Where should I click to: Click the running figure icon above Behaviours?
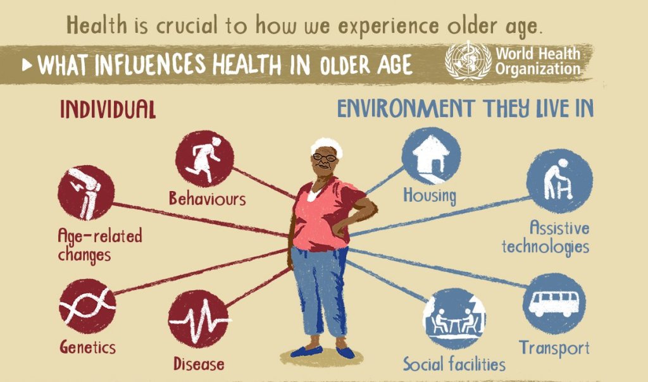[204, 159]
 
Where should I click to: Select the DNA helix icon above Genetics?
[87, 306]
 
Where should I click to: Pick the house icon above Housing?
[431, 156]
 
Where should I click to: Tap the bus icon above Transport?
[554, 304]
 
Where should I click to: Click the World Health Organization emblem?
[468, 60]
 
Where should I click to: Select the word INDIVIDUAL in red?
[108, 109]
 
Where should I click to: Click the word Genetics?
[87, 347]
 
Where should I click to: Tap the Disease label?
[199, 364]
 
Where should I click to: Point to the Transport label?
[554, 348]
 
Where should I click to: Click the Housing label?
[430, 195]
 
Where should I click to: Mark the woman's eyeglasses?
[325, 157]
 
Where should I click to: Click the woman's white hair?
[327, 145]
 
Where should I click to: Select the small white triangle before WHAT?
[27, 65]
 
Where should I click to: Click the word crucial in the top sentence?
[187, 25]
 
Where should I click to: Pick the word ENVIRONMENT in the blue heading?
[406, 108]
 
